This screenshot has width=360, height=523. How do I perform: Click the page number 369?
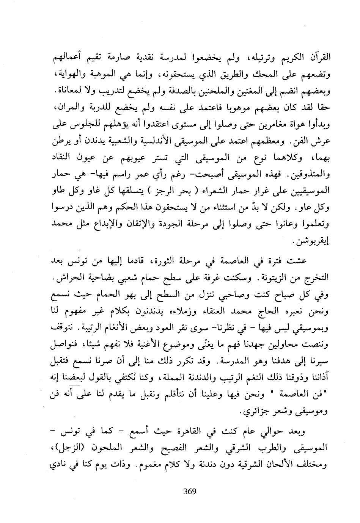point(189,492)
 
